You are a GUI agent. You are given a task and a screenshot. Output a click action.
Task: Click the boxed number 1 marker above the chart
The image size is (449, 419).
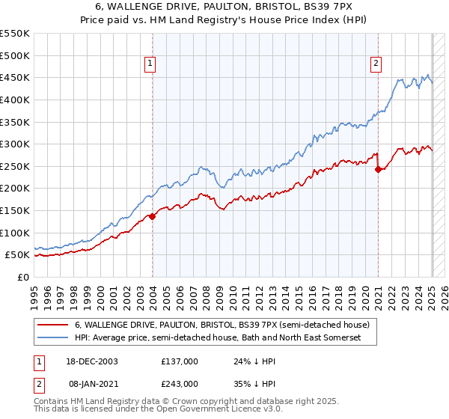150,64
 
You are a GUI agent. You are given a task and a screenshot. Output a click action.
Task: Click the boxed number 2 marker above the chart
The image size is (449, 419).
375,64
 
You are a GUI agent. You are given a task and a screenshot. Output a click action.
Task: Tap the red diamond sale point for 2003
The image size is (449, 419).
152,216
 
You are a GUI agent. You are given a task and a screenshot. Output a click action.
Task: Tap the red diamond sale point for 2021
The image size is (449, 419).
378,169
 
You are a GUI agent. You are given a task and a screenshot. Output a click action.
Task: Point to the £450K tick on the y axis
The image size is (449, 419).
16,77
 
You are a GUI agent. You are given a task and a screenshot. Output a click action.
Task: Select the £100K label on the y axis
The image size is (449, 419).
16,233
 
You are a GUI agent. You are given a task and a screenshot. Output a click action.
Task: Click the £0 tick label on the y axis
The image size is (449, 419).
22,277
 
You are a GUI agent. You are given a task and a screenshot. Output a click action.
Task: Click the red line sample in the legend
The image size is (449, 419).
52,325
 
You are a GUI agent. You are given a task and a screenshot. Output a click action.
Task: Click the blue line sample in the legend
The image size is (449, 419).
52,339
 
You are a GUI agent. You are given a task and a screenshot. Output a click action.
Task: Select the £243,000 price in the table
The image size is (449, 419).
180,382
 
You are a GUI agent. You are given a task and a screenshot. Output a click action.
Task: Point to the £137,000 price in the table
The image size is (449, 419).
180,361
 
